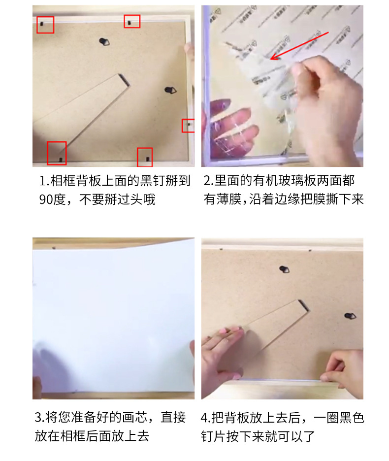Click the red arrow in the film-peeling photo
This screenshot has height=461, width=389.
tap(299, 46)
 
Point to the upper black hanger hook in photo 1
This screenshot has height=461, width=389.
tap(104, 42)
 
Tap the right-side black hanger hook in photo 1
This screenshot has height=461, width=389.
tap(170, 90)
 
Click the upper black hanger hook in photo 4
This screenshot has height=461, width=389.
tap(284, 269)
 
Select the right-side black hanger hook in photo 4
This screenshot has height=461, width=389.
tap(350, 316)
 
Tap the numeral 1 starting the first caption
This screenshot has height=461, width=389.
tap(41, 181)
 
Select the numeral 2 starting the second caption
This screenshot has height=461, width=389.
tap(206, 181)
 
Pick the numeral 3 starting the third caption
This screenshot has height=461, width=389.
tap(38, 418)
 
